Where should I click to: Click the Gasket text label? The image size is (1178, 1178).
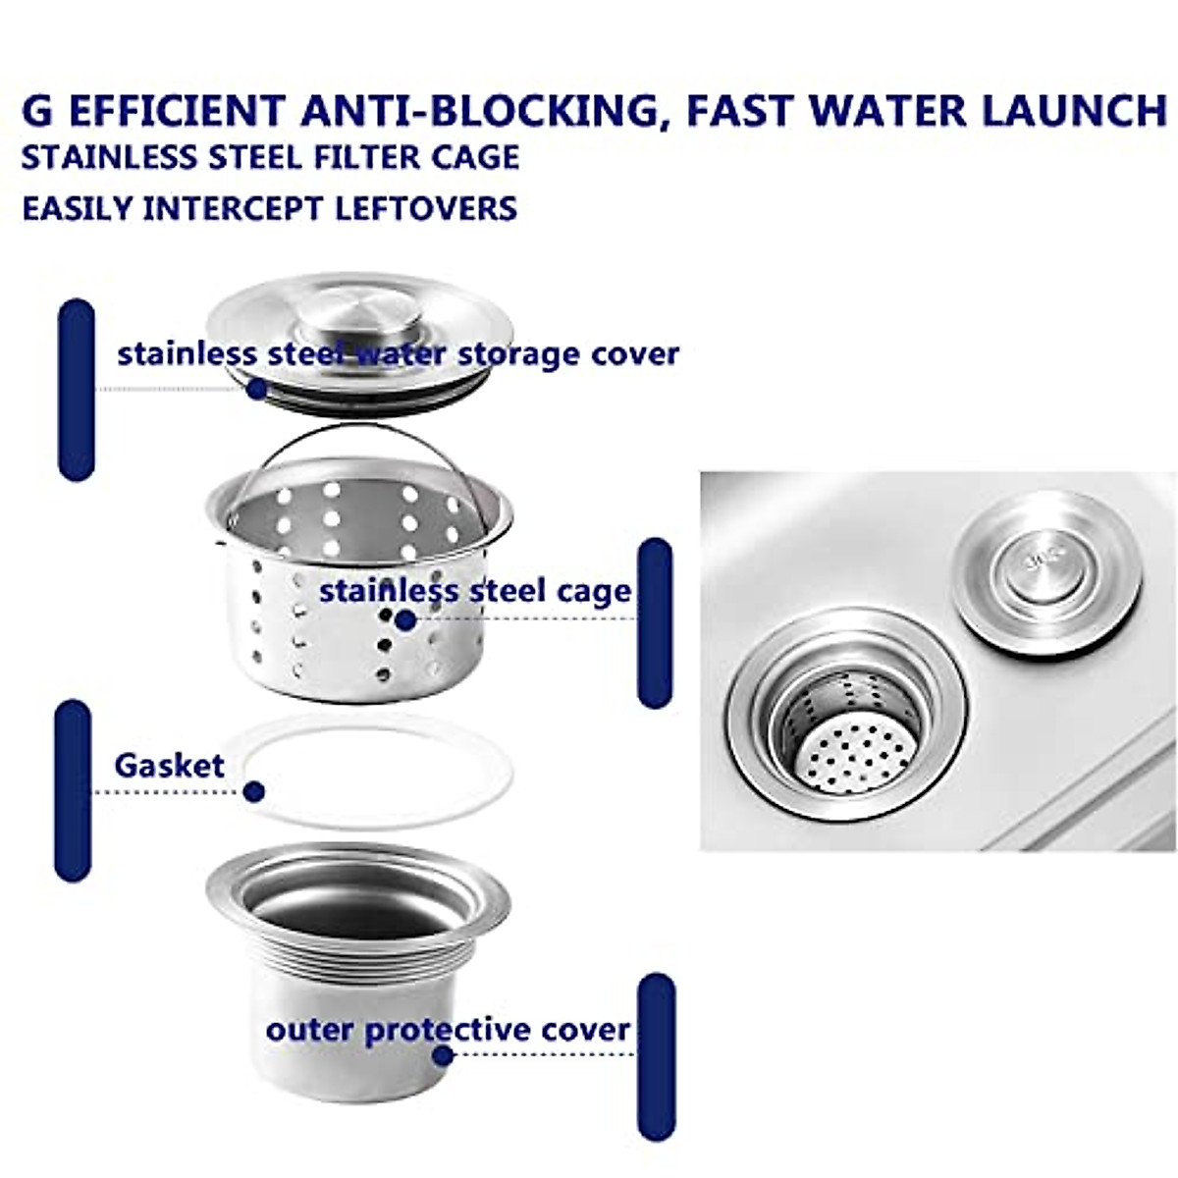coord(169,766)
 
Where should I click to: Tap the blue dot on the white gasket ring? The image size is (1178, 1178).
coord(255,791)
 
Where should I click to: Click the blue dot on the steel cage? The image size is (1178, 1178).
coord(404,619)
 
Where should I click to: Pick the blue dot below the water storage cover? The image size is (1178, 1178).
coord(257,389)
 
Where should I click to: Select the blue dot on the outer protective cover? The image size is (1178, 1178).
coord(443,1055)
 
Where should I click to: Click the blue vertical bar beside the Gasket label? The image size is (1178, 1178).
coord(73,790)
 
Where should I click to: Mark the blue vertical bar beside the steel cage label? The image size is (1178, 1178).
coord(655,622)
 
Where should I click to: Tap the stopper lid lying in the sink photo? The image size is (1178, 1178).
coord(1048,568)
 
